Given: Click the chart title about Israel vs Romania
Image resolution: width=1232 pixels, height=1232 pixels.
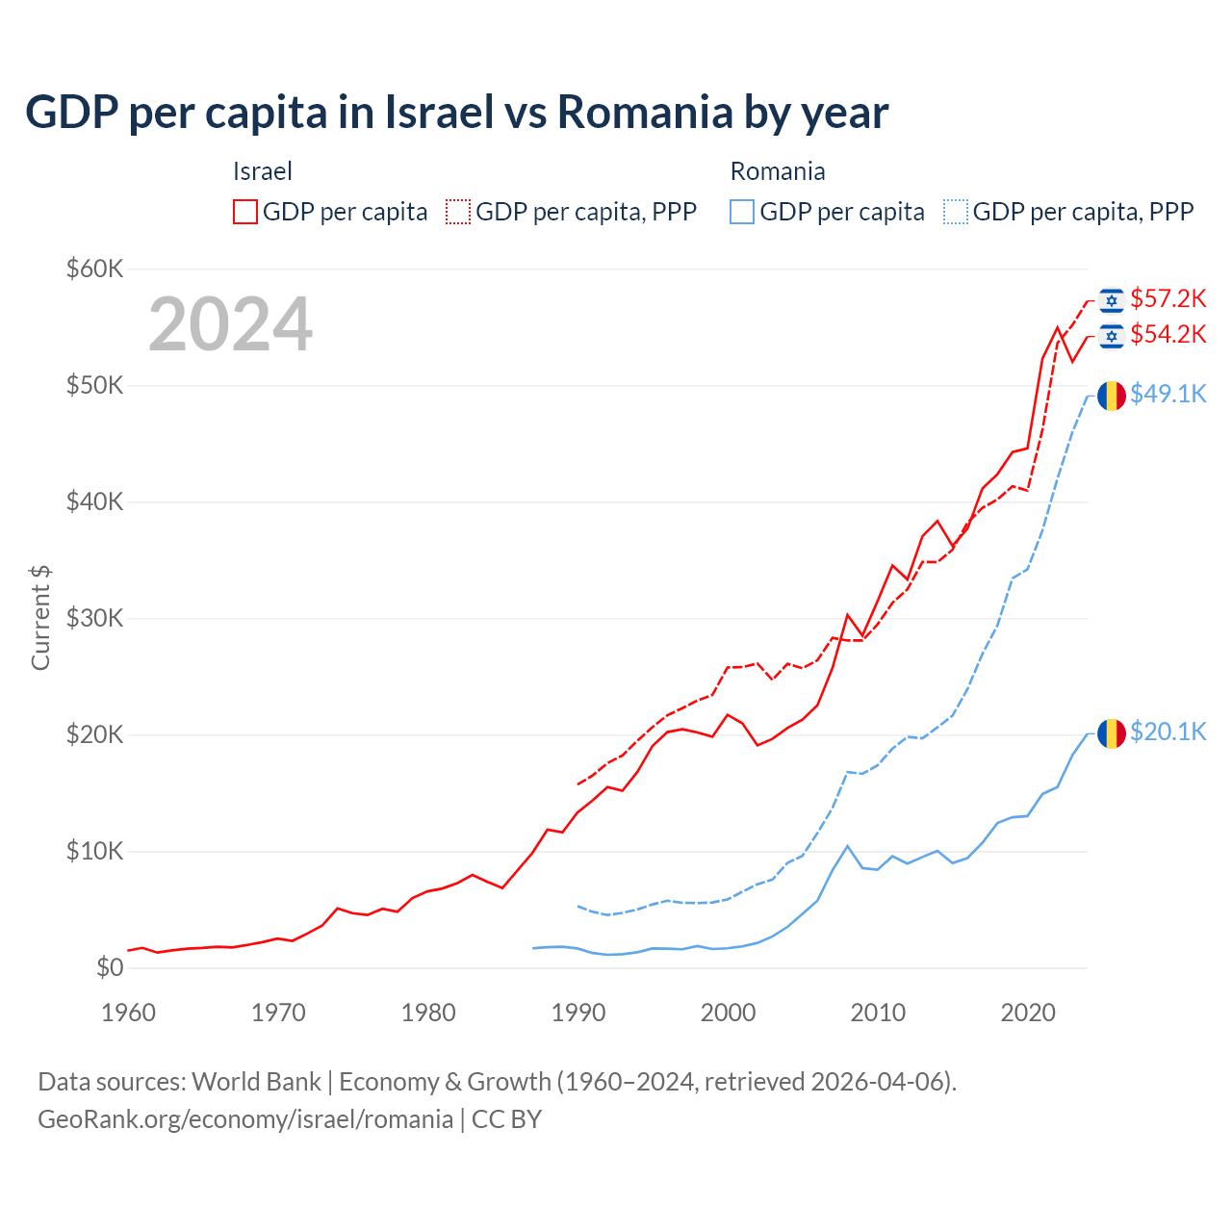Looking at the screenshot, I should click(456, 113).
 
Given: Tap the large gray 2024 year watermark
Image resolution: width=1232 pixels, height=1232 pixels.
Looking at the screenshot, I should click(230, 324).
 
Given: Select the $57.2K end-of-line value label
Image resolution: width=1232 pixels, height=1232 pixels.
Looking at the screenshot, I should click(1168, 299).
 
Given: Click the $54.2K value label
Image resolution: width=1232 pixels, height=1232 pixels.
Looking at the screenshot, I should click(1168, 335).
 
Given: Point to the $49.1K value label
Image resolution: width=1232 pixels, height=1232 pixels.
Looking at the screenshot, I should click(1168, 395).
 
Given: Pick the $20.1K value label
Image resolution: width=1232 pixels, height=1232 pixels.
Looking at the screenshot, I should click(1168, 732).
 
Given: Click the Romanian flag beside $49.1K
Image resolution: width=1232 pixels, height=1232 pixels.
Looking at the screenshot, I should click(1112, 396).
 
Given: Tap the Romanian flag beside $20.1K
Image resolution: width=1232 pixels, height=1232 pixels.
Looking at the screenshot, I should click(1112, 733).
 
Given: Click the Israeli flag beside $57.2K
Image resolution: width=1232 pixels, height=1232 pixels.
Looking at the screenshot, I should click(1112, 300).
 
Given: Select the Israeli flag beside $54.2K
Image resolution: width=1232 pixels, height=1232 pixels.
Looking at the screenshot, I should click(1112, 336).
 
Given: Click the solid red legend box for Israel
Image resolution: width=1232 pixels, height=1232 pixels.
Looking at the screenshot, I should click(245, 212).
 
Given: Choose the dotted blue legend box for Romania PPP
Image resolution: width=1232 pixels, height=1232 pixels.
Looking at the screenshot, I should click(956, 212).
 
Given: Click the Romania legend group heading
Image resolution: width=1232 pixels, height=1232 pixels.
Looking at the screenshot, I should click(778, 172).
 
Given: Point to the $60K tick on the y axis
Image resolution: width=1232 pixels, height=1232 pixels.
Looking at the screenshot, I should click(94, 269).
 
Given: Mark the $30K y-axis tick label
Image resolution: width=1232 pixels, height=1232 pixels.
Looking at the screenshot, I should click(94, 619).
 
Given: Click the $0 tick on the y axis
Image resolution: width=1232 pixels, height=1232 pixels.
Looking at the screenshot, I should click(110, 968).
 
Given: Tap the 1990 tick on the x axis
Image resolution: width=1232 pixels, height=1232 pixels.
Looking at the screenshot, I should click(578, 1013).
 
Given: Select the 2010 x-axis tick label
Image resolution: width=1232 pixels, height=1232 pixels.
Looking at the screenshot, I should click(878, 1013).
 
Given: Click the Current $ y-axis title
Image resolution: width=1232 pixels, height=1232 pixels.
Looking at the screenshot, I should click(40, 618).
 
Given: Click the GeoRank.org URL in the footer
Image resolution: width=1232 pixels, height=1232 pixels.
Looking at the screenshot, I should click(245, 1119).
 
